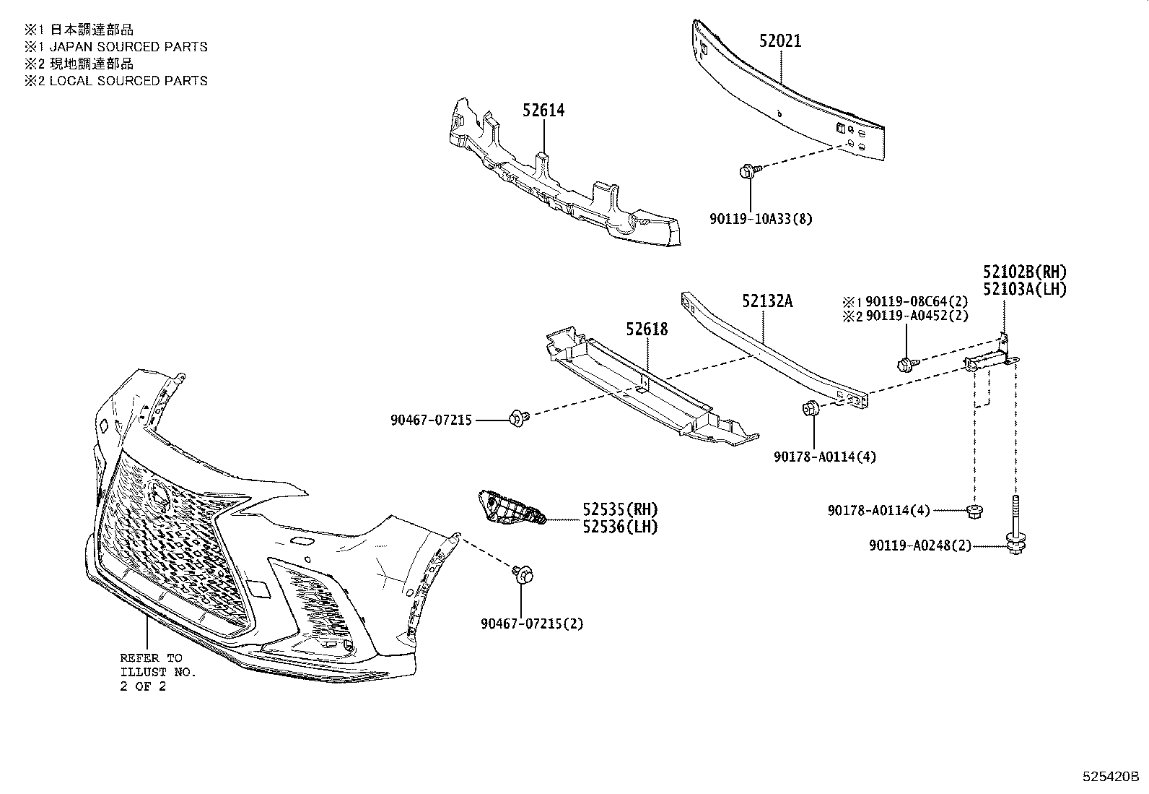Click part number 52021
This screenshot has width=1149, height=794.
[x=779, y=41]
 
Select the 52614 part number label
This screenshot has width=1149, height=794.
[x=543, y=111]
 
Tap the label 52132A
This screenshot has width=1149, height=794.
[x=766, y=301]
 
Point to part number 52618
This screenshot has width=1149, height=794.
[x=647, y=329]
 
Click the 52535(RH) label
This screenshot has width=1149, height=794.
[x=620, y=509]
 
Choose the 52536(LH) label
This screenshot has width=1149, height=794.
[x=620, y=527]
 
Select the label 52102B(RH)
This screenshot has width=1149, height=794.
[x=1024, y=272]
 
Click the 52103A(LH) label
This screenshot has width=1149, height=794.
[x=1024, y=289]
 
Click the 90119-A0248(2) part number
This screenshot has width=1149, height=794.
[x=920, y=546]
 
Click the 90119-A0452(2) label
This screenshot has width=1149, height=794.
[x=917, y=316]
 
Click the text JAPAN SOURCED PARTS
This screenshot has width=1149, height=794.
[x=128, y=47]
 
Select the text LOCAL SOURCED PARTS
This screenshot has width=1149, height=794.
[x=128, y=81]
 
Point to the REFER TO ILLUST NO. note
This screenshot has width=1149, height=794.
[x=157, y=672]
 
